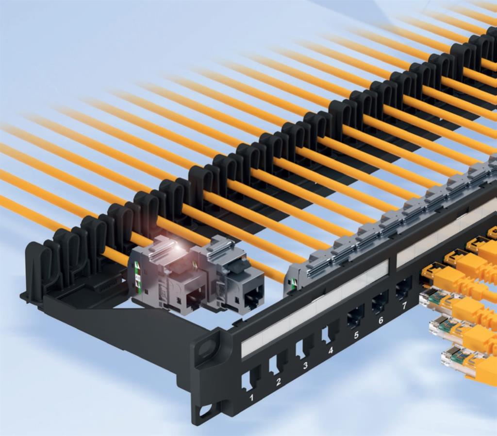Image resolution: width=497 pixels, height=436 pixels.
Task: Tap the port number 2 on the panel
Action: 278,382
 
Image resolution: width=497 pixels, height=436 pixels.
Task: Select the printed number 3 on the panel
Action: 305,365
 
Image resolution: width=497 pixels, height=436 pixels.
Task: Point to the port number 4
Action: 331,350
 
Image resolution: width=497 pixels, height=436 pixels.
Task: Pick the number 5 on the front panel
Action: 356,335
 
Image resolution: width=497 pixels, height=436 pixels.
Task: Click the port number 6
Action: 381,320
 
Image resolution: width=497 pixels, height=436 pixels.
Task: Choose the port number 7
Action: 404,306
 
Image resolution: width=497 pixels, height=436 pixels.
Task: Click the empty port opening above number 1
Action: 250,381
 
